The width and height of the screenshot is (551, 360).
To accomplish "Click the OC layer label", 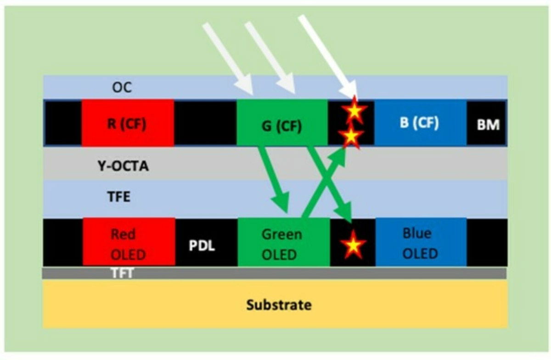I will click(x=122, y=87).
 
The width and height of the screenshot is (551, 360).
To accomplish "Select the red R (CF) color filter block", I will click(x=128, y=123).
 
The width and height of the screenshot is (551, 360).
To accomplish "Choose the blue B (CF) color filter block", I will click(x=420, y=123).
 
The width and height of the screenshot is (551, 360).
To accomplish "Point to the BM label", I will click(x=488, y=124).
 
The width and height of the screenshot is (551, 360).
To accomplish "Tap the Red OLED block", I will click(x=129, y=243).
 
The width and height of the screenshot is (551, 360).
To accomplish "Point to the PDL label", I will click(x=202, y=246).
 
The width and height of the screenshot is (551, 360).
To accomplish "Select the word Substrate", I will click(x=279, y=304).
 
